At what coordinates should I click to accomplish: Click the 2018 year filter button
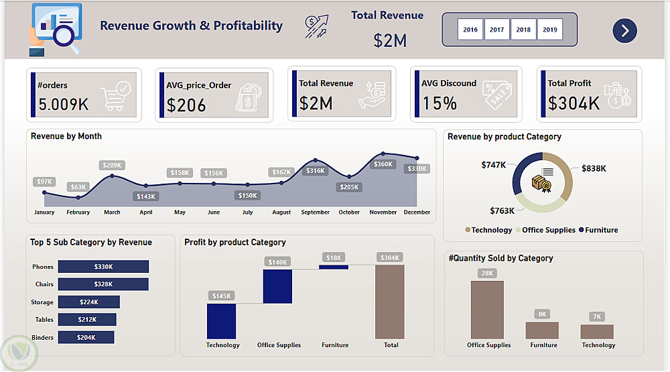click(523, 29)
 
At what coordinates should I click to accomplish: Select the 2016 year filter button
click(470, 29)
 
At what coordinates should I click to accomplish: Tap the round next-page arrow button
click(624, 30)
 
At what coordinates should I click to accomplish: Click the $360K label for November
click(384, 164)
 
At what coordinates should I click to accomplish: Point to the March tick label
click(112, 212)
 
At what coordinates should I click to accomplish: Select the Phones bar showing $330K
click(103, 267)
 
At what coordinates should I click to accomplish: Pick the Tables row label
click(43, 320)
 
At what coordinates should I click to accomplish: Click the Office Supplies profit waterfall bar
click(277, 286)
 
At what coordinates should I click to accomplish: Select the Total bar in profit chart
click(390, 302)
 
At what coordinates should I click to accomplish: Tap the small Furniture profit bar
click(334, 267)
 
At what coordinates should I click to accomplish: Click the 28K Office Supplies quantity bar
click(487, 310)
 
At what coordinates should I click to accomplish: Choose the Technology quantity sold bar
click(597, 331)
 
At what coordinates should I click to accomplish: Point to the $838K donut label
click(594, 168)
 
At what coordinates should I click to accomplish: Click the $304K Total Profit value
click(574, 103)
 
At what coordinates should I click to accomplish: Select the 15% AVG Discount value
click(440, 103)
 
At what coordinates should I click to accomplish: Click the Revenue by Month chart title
click(66, 136)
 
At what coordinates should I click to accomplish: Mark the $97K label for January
click(44, 182)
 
